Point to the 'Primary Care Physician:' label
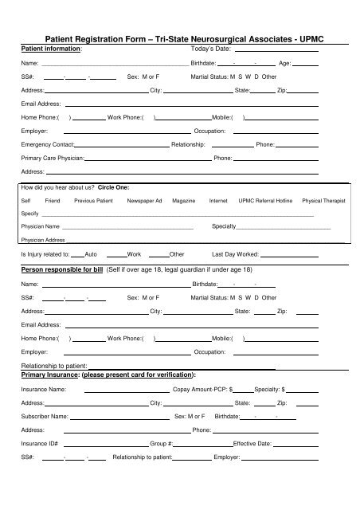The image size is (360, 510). click(x=53, y=159)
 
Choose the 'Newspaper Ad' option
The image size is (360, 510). click(x=144, y=200)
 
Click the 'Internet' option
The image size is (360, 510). click(x=218, y=200)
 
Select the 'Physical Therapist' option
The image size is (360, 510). click(x=323, y=200)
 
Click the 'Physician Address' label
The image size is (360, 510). click(x=43, y=240)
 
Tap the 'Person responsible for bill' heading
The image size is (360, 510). click(x=63, y=271)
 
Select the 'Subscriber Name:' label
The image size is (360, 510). click(x=45, y=417)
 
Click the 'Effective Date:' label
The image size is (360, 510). click(x=252, y=443)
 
